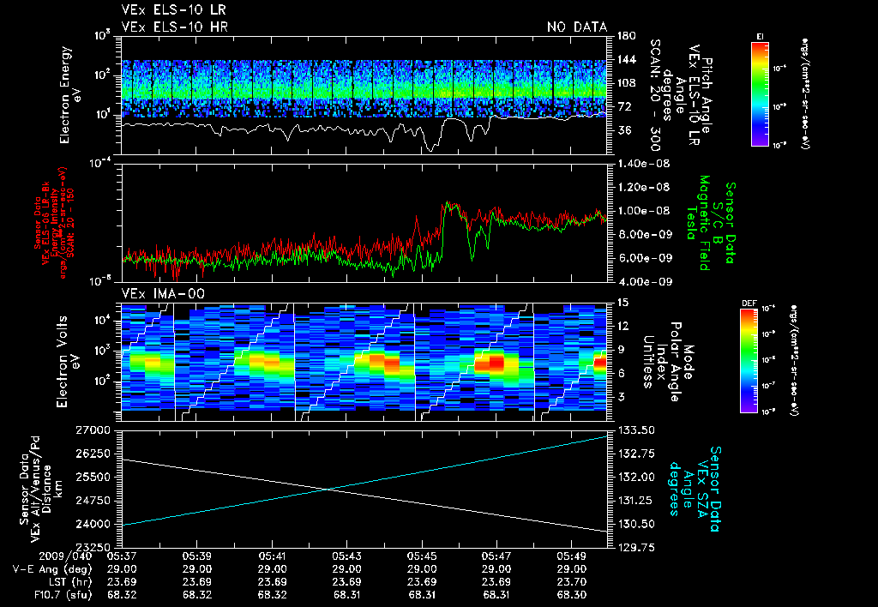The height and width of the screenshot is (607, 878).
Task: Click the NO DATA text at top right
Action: click(577, 27)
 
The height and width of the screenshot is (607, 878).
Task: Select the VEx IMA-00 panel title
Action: click(156, 293)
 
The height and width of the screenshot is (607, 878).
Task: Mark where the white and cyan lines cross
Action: click(330, 490)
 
